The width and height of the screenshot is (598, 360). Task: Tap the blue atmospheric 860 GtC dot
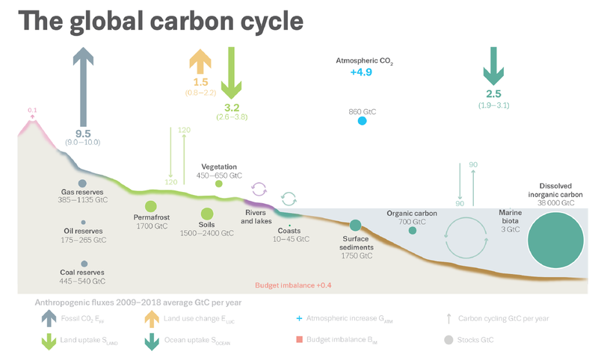click(362, 121)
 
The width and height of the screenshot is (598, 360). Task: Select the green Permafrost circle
click(150, 206)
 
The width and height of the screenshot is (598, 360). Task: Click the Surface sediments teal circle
click(355, 226)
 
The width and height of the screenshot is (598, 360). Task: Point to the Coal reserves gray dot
click(83, 264)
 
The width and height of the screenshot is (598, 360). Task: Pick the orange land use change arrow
click(200, 61)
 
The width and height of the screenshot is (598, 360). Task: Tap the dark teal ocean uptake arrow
click(492, 66)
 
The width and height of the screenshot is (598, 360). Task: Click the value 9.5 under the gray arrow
click(83, 133)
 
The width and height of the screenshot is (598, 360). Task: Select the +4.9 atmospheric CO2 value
click(361, 72)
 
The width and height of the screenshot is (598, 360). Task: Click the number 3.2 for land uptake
click(232, 108)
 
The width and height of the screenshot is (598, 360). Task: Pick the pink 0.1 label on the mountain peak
click(32, 111)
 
